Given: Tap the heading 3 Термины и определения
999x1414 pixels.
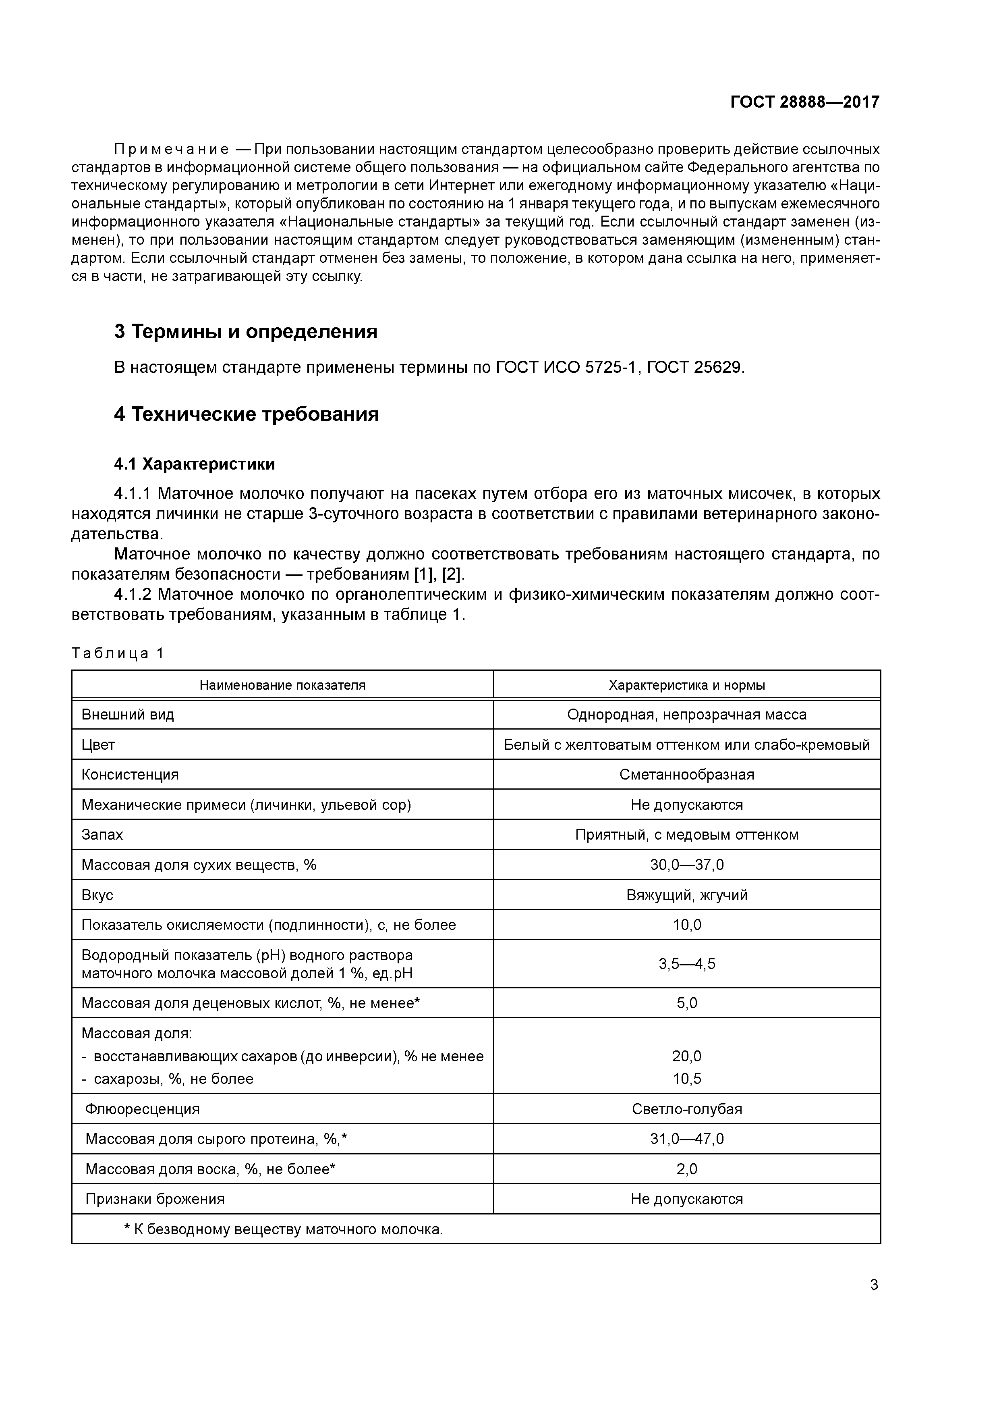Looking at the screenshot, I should (246, 332).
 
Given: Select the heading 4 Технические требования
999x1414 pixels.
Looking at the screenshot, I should (246, 414).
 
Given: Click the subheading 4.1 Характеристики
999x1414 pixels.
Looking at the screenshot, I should (195, 464).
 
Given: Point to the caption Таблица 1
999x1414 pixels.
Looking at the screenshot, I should (118, 653).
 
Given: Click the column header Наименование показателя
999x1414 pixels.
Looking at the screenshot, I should (282, 686).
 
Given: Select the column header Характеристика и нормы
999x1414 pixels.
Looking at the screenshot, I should (687, 686).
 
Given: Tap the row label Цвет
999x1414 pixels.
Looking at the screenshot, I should (98, 745).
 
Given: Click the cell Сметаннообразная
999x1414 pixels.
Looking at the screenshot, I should (687, 775).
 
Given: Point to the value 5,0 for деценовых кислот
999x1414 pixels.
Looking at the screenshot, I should (687, 1003).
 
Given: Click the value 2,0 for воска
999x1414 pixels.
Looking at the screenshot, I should (687, 1169).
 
